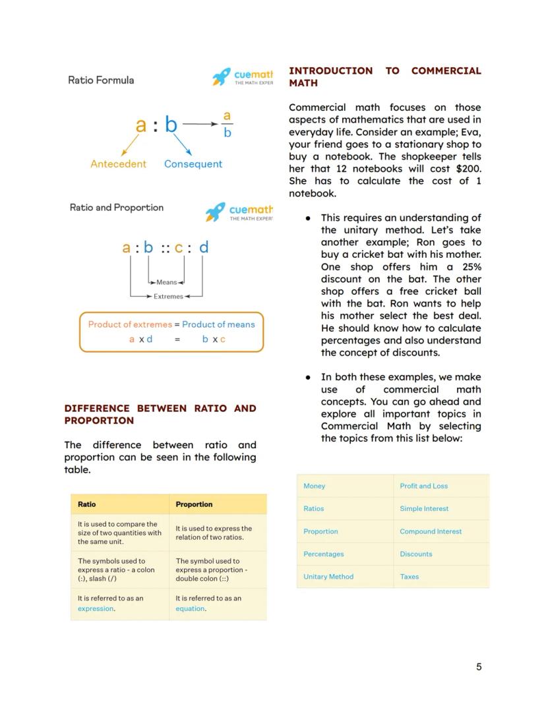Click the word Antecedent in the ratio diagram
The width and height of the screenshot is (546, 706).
tap(118, 164)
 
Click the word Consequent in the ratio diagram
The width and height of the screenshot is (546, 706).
tap(193, 164)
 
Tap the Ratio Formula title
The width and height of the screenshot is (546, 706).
tap(101, 80)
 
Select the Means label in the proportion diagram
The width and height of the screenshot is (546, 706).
tap(166, 282)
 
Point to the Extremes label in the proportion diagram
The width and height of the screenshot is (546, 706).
tap(168, 297)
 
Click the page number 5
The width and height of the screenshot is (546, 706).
tap(479, 666)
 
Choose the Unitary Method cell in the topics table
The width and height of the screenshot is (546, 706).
tap(328, 577)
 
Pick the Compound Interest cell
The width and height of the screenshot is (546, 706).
tap(431, 531)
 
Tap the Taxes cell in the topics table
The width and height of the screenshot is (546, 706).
tap(409, 577)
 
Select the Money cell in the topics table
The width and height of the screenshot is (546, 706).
tap(314, 486)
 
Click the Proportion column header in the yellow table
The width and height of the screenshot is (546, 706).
tap(194, 504)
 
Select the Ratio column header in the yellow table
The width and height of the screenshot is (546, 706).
tap(86, 504)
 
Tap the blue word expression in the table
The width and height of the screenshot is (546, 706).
tap(96, 609)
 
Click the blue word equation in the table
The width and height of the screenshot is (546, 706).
tap(190, 609)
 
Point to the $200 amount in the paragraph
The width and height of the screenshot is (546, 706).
tap(468, 169)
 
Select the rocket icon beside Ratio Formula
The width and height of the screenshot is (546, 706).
tap(222, 77)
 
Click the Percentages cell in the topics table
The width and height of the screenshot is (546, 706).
tap(323, 554)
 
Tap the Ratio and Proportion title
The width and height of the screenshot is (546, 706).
tap(117, 208)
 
